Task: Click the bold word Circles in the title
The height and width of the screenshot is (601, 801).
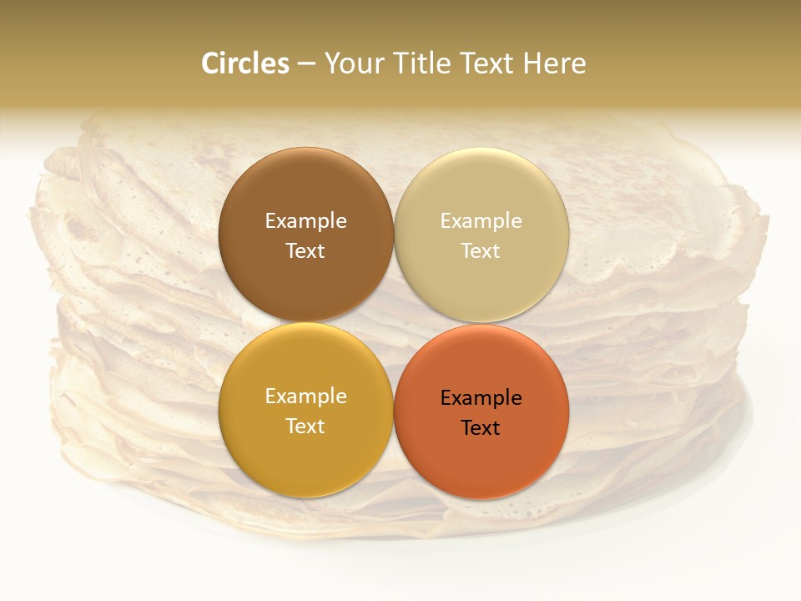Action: click(x=245, y=63)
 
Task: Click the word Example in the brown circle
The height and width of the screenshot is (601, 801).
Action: click(x=305, y=221)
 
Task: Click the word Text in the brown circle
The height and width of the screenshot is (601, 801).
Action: click(x=305, y=250)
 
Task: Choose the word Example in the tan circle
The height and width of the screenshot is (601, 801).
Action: click(x=481, y=221)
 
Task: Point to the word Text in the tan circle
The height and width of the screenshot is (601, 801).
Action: click(x=481, y=250)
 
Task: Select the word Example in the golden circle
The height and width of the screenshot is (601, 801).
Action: click(x=305, y=396)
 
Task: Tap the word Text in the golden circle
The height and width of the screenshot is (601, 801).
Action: click(x=305, y=426)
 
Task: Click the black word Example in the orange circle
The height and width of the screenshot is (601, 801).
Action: click(x=481, y=398)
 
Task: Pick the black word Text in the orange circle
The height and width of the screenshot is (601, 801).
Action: click(x=481, y=427)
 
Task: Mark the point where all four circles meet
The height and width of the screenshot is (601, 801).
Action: click(x=394, y=323)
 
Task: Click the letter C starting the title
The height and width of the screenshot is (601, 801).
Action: click(x=209, y=63)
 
